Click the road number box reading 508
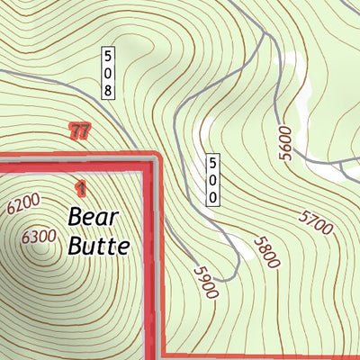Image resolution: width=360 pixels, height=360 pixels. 108,72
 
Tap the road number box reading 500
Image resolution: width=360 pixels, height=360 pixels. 212,180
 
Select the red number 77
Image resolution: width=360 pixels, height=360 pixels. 79,131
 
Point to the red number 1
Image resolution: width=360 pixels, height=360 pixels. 81,187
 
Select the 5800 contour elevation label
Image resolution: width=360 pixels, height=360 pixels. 267,253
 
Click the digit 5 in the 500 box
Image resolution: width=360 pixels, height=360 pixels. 212,164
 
